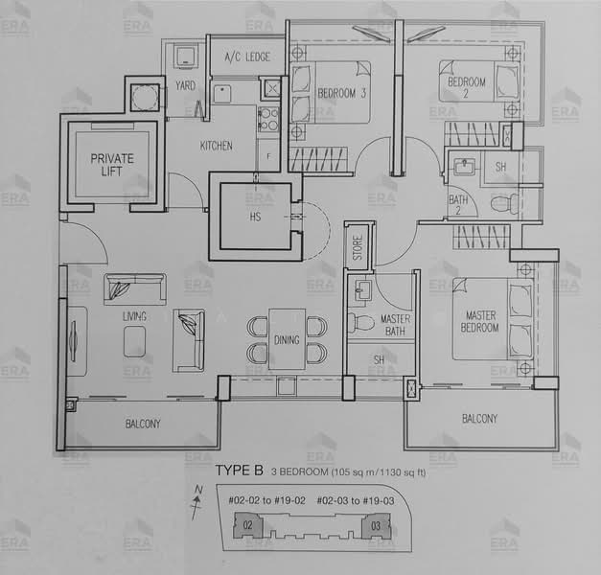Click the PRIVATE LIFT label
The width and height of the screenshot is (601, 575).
tap(112, 165)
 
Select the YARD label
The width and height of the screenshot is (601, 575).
tap(185, 86)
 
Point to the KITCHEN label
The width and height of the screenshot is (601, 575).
tap(216, 147)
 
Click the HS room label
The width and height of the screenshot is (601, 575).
tap(255, 218)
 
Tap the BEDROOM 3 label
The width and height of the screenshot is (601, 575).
tap(343, 93)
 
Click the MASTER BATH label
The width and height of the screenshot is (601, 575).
tap(396, 324)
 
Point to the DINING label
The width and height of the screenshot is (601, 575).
tap(286, 340)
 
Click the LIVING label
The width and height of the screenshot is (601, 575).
tap(133, 315)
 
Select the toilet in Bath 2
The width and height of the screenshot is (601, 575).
tap(502, 204)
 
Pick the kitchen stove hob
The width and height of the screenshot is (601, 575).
tap(267, 120)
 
